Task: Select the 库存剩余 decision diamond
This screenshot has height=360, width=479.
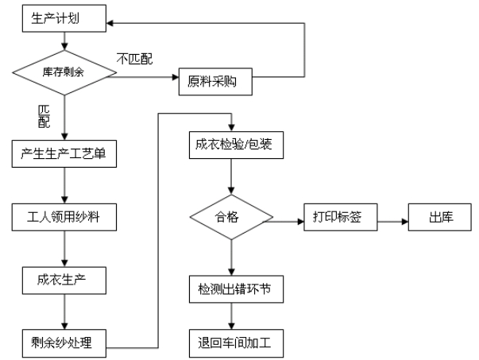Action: [64, 72]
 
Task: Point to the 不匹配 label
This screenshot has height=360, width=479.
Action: [133, 58]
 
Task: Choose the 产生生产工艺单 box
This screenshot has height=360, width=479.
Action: [64, 154]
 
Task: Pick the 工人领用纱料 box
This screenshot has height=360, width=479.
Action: [64, 216]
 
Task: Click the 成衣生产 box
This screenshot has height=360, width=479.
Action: [64, 279]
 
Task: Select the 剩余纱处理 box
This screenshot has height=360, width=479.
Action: [64, 343]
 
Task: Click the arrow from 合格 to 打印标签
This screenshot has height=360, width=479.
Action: [288, 219]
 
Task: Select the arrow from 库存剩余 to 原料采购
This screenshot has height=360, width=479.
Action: [147, 78]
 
